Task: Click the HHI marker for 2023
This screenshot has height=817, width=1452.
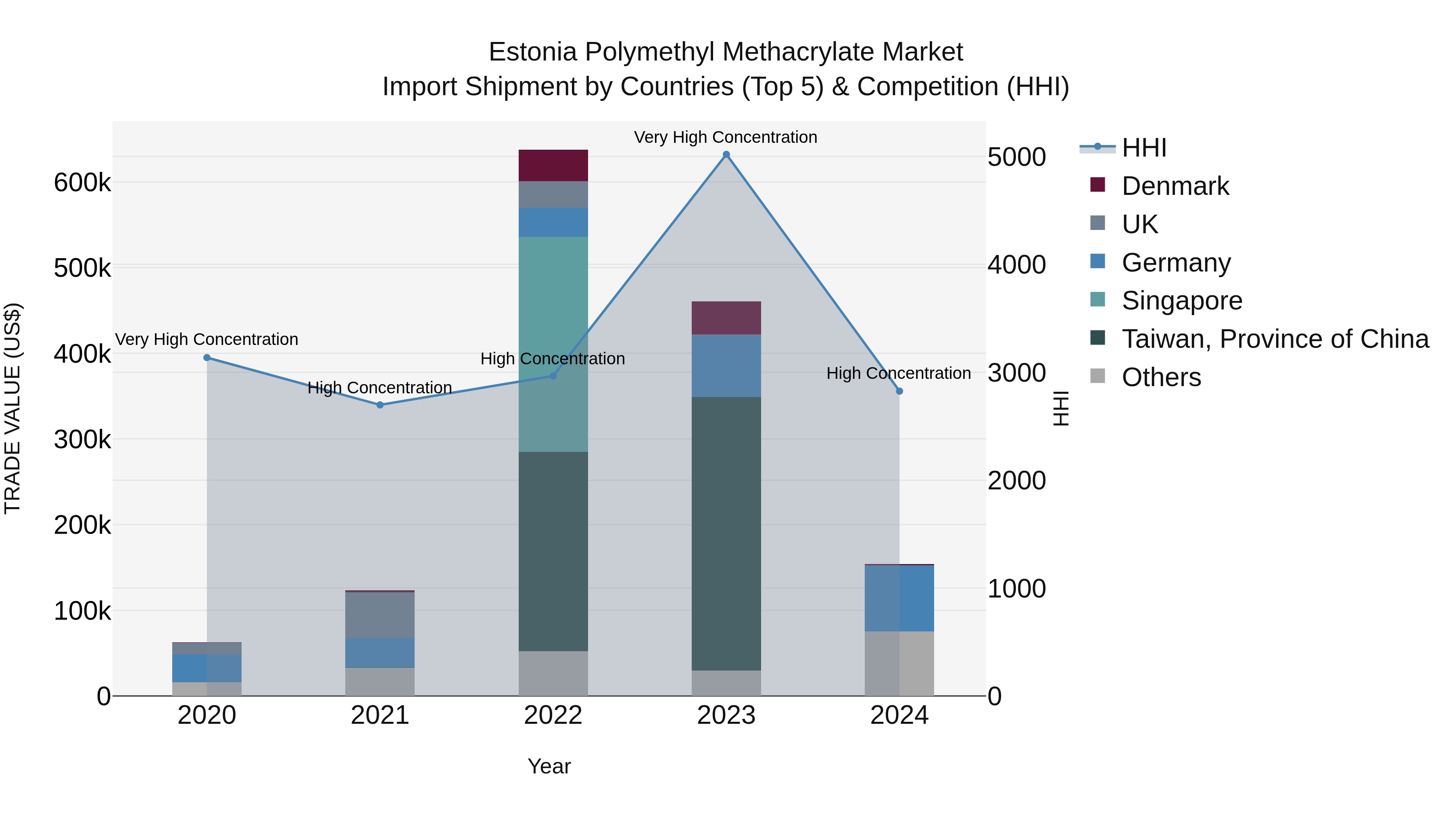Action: click(x=726, y=155)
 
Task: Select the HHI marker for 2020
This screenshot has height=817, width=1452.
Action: click(x=207, y=357)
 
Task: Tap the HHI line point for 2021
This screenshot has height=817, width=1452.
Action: click(x=380, y=405)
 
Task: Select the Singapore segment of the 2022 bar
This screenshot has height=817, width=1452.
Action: click(x=553, y=344)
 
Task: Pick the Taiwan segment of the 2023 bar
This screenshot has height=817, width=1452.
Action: click(x=726, y=533)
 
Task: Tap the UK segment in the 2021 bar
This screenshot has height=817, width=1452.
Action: click(x=380, y=614)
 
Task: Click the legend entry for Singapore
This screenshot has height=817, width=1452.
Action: click(x=1181, y=301)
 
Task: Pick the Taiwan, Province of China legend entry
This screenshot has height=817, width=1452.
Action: click(x=1275, y=339)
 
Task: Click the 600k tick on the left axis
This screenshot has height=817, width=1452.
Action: click(x=82, y=183)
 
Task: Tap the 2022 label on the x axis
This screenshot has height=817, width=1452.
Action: click(x=553, y=715)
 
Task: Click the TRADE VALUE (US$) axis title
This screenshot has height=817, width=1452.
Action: click(x=13, y=408)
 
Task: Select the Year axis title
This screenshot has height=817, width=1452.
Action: click(x=549, y=766)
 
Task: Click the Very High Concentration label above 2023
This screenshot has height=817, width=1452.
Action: click(x=726, y=137)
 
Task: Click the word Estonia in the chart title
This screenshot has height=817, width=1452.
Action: click(x=533, y=52)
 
